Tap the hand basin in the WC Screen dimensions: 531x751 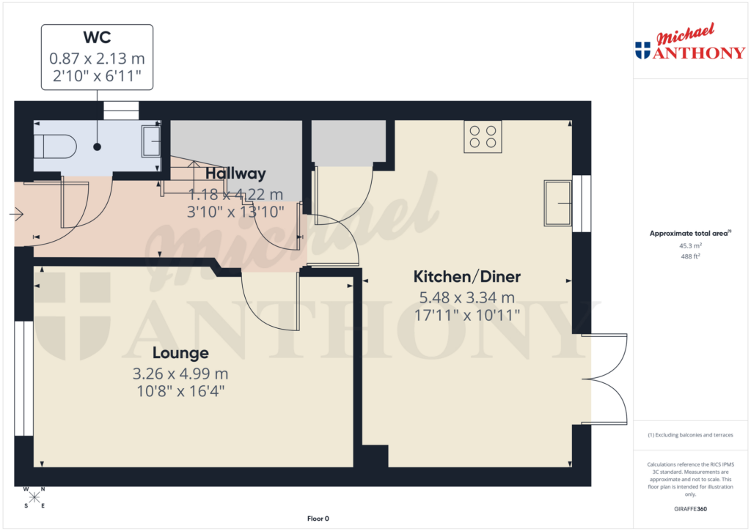point(151,141)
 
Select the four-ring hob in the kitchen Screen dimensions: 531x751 point(483,137)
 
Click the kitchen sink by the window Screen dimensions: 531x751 point(558,203)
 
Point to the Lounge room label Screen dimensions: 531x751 point(181,353)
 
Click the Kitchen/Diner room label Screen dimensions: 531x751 point(467,277)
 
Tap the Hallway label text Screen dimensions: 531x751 point(235,174)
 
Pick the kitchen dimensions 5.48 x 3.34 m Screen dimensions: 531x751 point(467,297)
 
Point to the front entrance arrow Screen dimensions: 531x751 point(17,215)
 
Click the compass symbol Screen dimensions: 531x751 point(34,497)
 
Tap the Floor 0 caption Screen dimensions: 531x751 point(318,519)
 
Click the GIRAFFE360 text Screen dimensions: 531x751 point(690,509)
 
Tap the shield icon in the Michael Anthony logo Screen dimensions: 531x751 point(642,50)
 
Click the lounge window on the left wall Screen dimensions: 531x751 point(23,378)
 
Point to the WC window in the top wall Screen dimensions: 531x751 point(120,110)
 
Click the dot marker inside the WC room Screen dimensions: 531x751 point(98,147)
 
